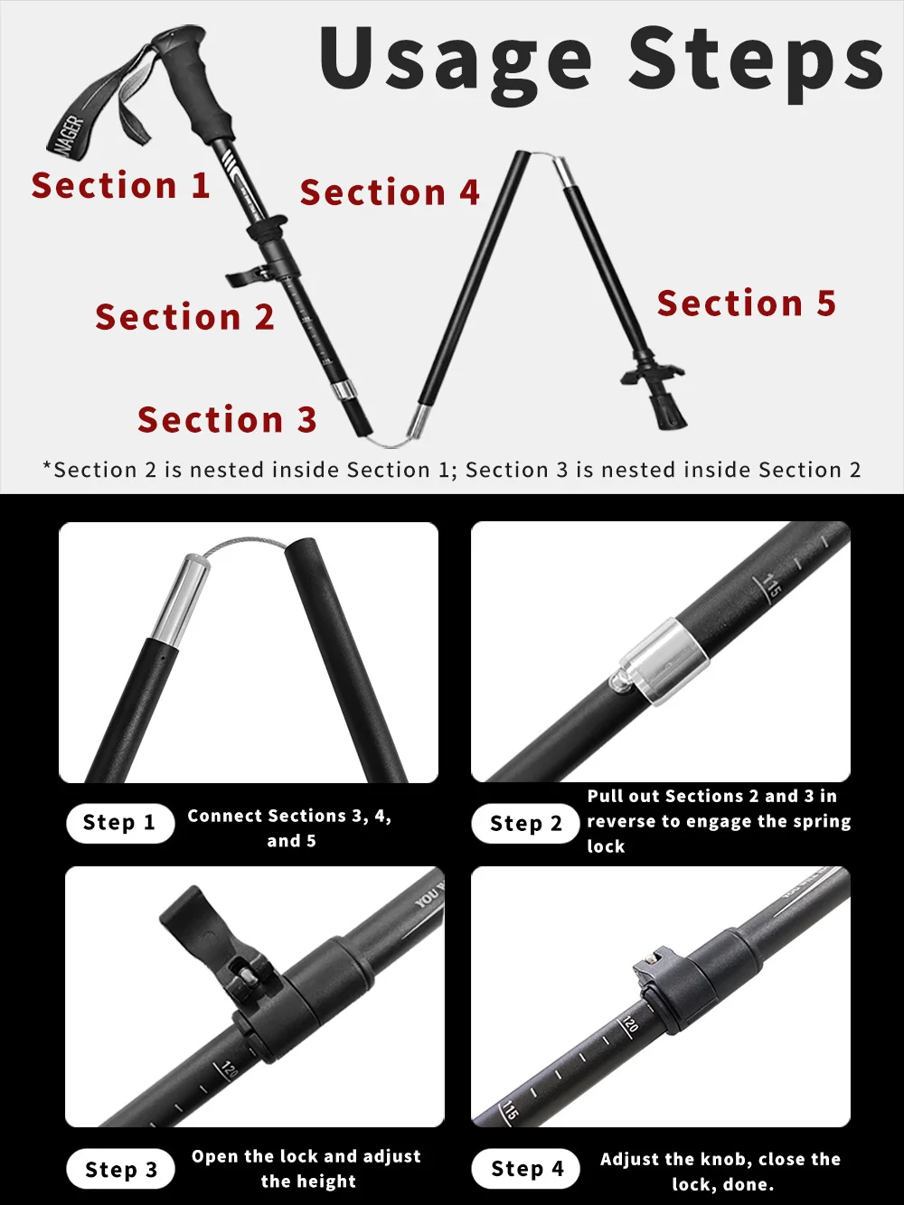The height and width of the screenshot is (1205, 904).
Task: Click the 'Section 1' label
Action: [x=120, y=186]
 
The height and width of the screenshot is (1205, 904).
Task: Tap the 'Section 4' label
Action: [x=389, y=192]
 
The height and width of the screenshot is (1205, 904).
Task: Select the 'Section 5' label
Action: [x=746, y=304]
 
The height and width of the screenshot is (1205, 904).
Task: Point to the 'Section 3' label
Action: [x=227, y=420]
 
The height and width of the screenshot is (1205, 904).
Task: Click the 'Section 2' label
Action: [x=184, y=317]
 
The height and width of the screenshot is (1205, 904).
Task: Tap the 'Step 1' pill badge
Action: [x=119, y=823]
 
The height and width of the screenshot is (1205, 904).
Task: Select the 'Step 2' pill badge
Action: [x=525, y=824]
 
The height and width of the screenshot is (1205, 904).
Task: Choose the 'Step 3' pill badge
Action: [x=120, y=1170]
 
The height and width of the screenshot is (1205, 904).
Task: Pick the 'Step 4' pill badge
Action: [x=526, y=1169]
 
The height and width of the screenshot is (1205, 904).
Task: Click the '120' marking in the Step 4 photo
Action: [x=629, y=1024]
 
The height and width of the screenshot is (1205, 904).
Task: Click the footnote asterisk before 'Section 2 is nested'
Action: [x=47, y=467]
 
